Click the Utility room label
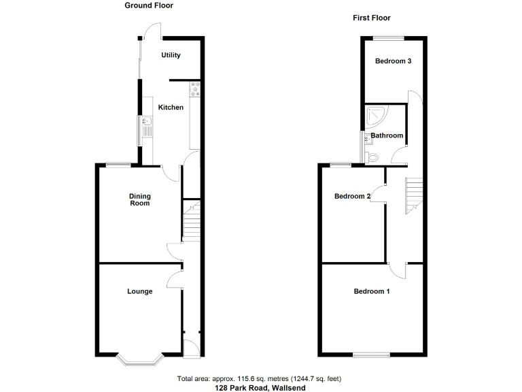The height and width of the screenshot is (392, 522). [x=171, y=55]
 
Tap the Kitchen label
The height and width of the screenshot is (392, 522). [x=171, y=108]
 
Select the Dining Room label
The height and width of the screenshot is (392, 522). [x=140, y=199]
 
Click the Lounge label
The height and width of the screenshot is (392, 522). [x=140, y=291]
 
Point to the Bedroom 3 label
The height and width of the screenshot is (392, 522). [x=394, y=61]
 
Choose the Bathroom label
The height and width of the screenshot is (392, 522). [x=387, y=135]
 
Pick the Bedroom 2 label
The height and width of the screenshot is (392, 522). [x=352, y=197]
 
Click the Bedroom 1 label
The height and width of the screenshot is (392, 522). [x=372, y=291]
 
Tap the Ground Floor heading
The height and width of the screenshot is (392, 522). [x=149, y=5]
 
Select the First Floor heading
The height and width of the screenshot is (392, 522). [x=372, y=18]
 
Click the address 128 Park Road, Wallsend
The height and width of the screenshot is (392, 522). [x=260, y=387]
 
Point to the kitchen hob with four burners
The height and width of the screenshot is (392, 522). [x=196, y=89]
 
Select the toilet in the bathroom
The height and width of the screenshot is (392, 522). [x=370, y=157]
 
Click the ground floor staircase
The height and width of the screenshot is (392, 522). [x=192, y=219]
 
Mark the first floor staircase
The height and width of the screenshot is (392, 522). [x=414, y=194]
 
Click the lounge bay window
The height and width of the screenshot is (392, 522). [x=139, y=359]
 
